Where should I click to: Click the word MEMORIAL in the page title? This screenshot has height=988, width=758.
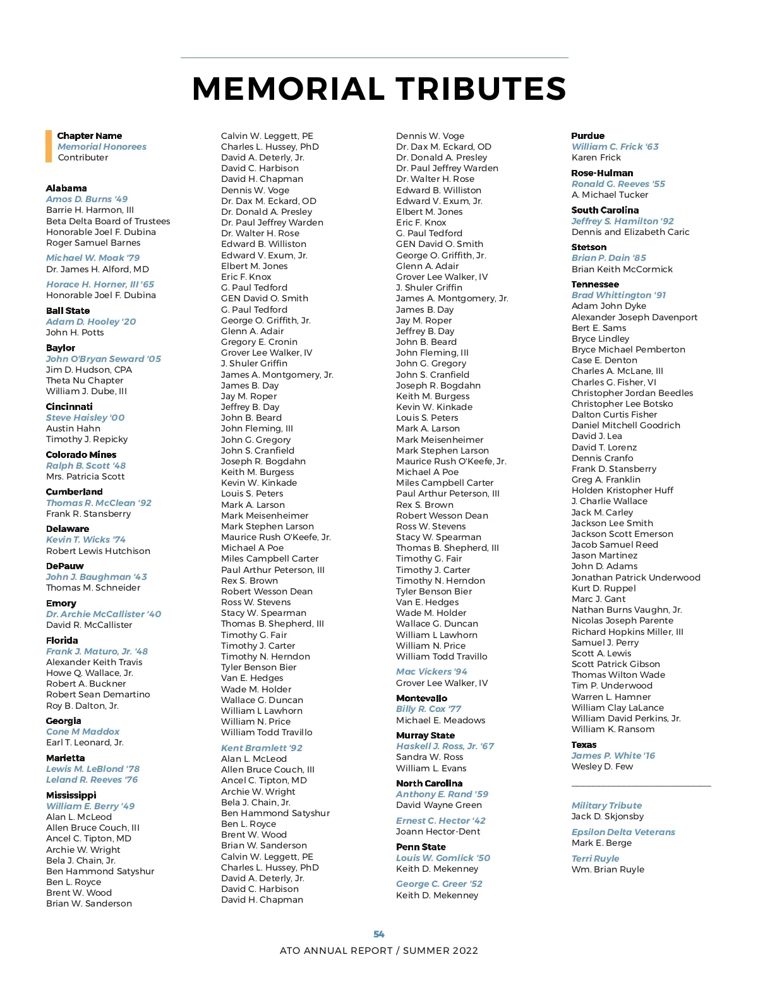(288, 89)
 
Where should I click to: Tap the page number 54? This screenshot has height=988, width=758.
(379, 934)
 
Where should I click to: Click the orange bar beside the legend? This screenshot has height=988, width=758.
(49, 146)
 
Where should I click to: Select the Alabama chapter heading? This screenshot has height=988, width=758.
(66, 188)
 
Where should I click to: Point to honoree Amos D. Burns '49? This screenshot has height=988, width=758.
(87, 199)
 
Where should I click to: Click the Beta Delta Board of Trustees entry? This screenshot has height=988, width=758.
(108, 221)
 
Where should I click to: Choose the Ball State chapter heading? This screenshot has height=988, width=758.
(68, 311)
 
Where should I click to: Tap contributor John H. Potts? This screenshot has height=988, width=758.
(75, 332)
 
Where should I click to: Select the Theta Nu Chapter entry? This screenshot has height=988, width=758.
(85, 380)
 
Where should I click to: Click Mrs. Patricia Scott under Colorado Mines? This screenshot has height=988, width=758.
(85, 476)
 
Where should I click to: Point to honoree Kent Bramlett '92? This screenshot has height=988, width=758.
(262, 748)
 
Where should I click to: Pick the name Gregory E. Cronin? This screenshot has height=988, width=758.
(259, 342)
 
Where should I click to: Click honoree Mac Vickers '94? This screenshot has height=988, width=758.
(431, 672)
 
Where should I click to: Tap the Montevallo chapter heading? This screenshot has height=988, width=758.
(421, 698)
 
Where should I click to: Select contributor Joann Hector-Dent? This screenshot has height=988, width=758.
(438, 831)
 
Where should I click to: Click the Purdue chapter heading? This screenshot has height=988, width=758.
(587, 136)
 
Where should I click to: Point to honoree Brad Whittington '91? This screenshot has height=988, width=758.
(618, 295)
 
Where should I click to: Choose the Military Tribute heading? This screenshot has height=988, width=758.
(606, 805)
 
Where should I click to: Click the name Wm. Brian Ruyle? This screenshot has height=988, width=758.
(608, 869)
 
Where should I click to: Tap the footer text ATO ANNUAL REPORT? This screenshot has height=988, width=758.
(336, 951)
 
